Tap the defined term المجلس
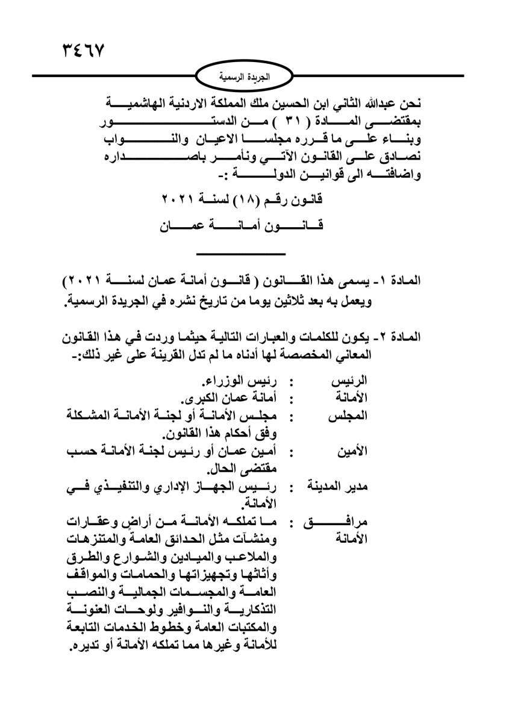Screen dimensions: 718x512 [347, 416]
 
